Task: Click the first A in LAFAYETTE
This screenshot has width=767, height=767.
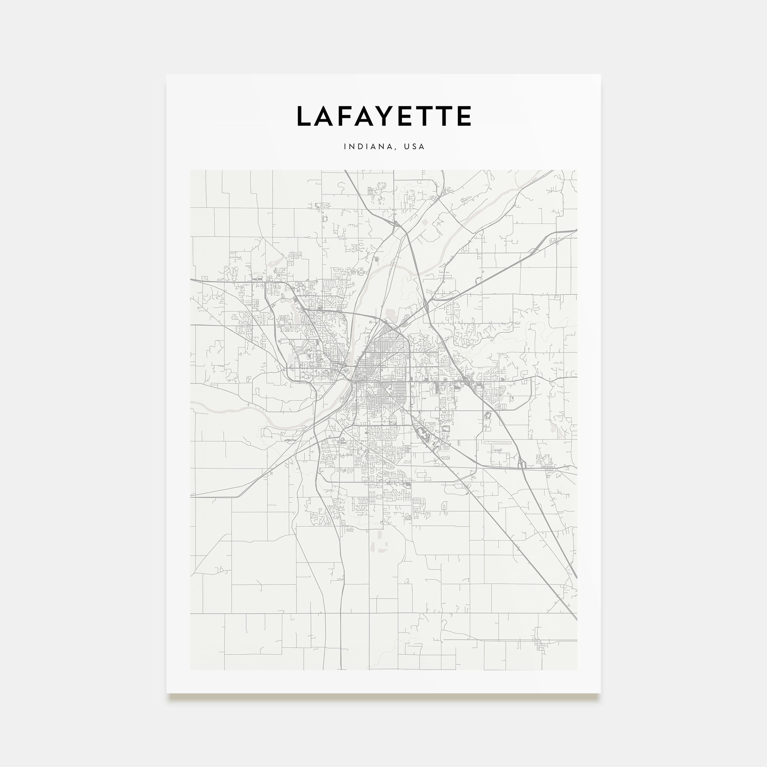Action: tap(326, 116)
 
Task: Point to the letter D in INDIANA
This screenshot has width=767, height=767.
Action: tap(359, 146)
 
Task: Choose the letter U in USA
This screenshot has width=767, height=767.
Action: tap(407, 146)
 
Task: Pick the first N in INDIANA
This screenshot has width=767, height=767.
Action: tap(352, 146)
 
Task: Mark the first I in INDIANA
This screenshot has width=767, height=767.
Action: tap(345, 146)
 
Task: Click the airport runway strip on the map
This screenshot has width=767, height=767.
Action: tap(498, 442)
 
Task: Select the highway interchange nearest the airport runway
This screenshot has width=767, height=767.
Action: tap(521, 463)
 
